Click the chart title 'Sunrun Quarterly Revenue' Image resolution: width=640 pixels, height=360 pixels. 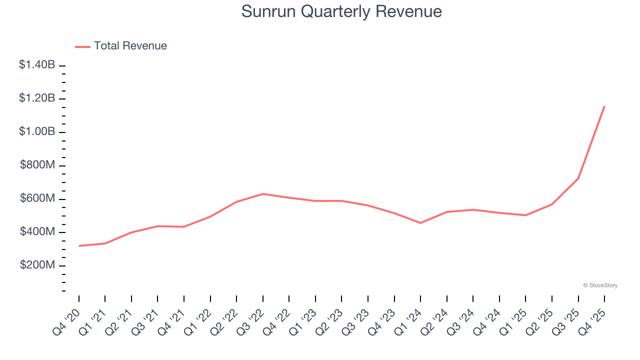coord(341,11)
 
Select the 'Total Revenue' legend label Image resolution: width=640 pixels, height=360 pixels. coord(130,46)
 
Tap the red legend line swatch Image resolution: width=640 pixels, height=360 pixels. coord(82,46)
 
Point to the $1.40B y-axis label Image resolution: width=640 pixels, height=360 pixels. coord(37,64)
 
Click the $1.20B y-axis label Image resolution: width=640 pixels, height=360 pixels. coord(37,98)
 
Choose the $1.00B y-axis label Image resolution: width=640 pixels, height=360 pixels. coord(37,131)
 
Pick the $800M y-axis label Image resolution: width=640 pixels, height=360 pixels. coord(37,165)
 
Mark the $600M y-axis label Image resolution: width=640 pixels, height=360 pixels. coord(37,198)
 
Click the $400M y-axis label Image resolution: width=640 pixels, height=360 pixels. coord(37,232)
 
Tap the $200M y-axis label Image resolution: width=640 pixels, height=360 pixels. coord(37,265)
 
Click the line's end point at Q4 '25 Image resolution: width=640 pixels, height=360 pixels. coord(604,106)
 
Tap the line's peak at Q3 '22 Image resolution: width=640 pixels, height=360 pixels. coord(263,193)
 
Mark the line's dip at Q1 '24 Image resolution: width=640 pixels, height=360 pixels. coord(420,222)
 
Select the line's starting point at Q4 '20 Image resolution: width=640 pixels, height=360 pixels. coord(79,246)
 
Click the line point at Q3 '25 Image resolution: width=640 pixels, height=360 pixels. coord(578,178)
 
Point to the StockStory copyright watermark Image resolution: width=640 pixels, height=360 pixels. coord(600,285)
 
